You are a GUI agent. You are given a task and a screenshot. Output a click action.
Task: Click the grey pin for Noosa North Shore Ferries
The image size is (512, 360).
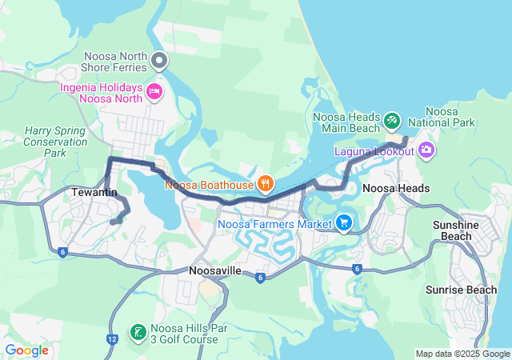tap(160, 60)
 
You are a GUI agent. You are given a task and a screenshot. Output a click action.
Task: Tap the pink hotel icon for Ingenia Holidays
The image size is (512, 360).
tap(154, 93)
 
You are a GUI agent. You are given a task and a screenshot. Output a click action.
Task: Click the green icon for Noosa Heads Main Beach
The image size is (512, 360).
tap(391, 121)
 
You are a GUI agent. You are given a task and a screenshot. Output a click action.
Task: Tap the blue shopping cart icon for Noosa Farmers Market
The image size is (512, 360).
tap(344, 222)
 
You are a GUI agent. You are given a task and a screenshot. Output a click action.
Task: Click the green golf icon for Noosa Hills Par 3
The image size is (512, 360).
tap(138, 332)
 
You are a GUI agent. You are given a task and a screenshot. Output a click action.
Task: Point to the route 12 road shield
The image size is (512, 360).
tap(111, 339)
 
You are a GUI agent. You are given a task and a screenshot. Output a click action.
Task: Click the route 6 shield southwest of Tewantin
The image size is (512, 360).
tap(62, 253)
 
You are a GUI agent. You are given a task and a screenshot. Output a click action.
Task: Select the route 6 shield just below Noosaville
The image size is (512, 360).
tap(261, 278)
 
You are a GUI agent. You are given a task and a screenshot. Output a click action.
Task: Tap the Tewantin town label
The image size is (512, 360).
tap(94, 193)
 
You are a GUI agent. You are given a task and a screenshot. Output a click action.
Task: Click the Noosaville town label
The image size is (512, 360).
tap(215, 271)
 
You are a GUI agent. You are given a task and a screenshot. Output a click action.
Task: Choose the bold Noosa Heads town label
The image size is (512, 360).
tap(396, 189)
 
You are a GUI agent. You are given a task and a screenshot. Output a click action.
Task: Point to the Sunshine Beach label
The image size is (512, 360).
tap(457, 231)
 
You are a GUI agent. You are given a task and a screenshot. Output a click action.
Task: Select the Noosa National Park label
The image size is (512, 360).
tap(442, 117)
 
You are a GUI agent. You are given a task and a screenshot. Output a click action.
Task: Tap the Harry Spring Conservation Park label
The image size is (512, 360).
tap(55, 141)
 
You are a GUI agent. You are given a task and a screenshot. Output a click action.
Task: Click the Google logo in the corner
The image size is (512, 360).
tap(27, 350)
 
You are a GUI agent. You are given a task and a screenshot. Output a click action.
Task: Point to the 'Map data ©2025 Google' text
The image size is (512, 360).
tap(462, 354)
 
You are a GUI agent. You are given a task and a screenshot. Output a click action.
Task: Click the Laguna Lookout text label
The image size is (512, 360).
tap(374, 151)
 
